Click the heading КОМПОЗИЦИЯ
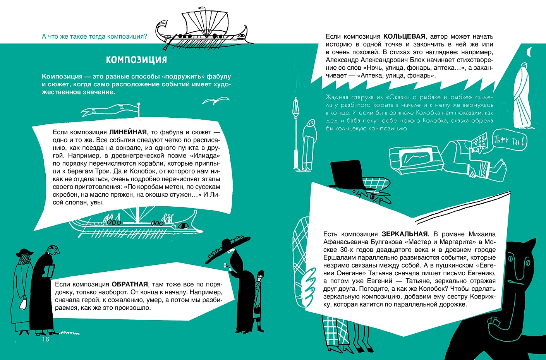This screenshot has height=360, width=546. click(136, 60)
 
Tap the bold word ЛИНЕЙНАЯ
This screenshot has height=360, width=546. click(128, 132)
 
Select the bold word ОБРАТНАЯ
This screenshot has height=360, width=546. click(130, 284)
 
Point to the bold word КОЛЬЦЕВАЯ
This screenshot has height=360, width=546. click(404, 36)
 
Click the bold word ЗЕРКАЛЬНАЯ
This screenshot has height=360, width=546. click(405, 234)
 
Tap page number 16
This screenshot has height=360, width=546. click(46, 339)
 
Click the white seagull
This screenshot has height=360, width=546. click(216, 100)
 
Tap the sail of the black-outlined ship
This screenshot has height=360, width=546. click(206, 23)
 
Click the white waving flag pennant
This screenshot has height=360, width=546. click(110, 110)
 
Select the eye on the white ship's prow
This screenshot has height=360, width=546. click(183, 226)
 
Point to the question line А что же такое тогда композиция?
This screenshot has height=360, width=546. click(94, 36)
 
